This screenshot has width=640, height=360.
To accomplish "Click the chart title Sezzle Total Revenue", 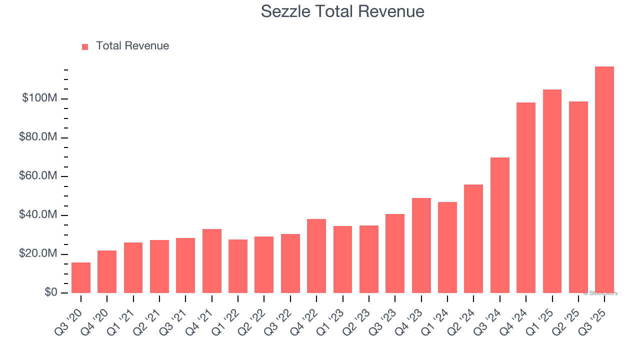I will pyautogui.click(x=342, y=11).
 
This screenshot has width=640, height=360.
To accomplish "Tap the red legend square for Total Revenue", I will pyautogui.click(x=85, y=46).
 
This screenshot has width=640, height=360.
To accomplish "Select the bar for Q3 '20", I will pyautogui.click(x=81, y=277).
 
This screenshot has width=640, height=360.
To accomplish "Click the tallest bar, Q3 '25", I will pyautogui.click(x=604, y=180).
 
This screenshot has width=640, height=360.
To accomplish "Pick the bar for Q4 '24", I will pyautogui.click(x=526, y=197).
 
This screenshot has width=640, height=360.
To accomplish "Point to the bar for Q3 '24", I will pyautogui.click(x=500, y=225).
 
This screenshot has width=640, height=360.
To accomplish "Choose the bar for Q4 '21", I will pyautogui.click(x=212, y=261).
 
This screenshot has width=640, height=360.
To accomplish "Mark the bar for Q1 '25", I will pyautogui.click(x=552, y=191).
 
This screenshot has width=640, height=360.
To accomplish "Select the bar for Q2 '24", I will pyautogui.click(x=473, y=238).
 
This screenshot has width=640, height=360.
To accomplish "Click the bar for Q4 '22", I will pyautogui.click(x=316, y=256).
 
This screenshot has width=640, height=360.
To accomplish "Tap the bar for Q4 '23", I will pyautogui.click(x=421, y=245).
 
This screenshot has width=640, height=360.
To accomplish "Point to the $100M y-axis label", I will pyautogui.click(x=39, y=98).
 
